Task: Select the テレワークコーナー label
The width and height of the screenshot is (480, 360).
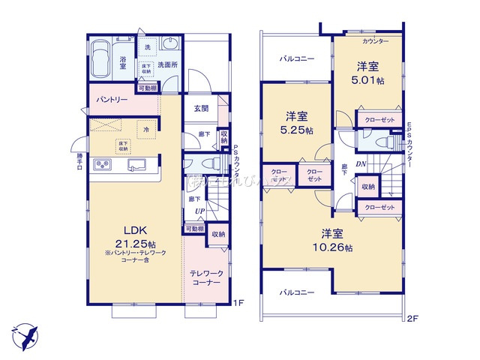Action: click(x=205, y=277)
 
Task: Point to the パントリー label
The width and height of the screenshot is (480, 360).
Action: click(x=112, y=99)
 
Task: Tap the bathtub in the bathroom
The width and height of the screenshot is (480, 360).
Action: click(x=100, y=58)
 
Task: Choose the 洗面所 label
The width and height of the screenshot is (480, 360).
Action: click(x=167, y=65)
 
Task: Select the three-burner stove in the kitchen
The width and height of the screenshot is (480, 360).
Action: click(x=103, y=165)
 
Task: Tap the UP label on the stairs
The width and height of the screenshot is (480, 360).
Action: click(x=199, y=212)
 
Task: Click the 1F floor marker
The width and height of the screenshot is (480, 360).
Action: click(x=238, y=302)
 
